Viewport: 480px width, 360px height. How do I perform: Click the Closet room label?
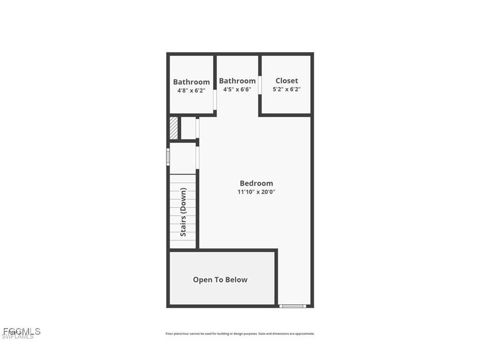pos(286,81)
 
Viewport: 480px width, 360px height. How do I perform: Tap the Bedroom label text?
pos(256,183)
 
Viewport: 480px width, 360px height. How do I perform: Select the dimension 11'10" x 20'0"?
pos(256,192)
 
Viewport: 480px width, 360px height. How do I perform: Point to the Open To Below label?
pos(220,280)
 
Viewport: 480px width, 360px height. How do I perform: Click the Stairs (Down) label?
pos(183,212)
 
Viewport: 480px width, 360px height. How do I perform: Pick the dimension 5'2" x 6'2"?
pos(286,89)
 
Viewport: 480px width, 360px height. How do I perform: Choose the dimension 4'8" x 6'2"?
pos(191,90)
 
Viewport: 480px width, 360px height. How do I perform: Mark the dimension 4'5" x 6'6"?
pos(237,89)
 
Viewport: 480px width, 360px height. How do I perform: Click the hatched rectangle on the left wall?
pos(173,128)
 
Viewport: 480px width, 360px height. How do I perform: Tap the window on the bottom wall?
pos(292,306)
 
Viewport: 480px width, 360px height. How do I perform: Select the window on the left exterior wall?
pos(168,157)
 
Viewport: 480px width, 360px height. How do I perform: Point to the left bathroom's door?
pos(215,99)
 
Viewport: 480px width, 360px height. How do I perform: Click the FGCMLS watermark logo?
pos(22,331)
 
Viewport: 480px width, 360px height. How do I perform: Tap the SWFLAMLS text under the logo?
pos(18,337)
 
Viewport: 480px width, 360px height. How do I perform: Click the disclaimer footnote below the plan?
pos(240,334)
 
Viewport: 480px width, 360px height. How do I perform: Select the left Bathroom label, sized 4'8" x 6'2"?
pos(191,82)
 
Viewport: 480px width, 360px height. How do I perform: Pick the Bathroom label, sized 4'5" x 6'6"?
pos(237,81)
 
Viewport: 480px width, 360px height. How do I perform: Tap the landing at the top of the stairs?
pos(182,158)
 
